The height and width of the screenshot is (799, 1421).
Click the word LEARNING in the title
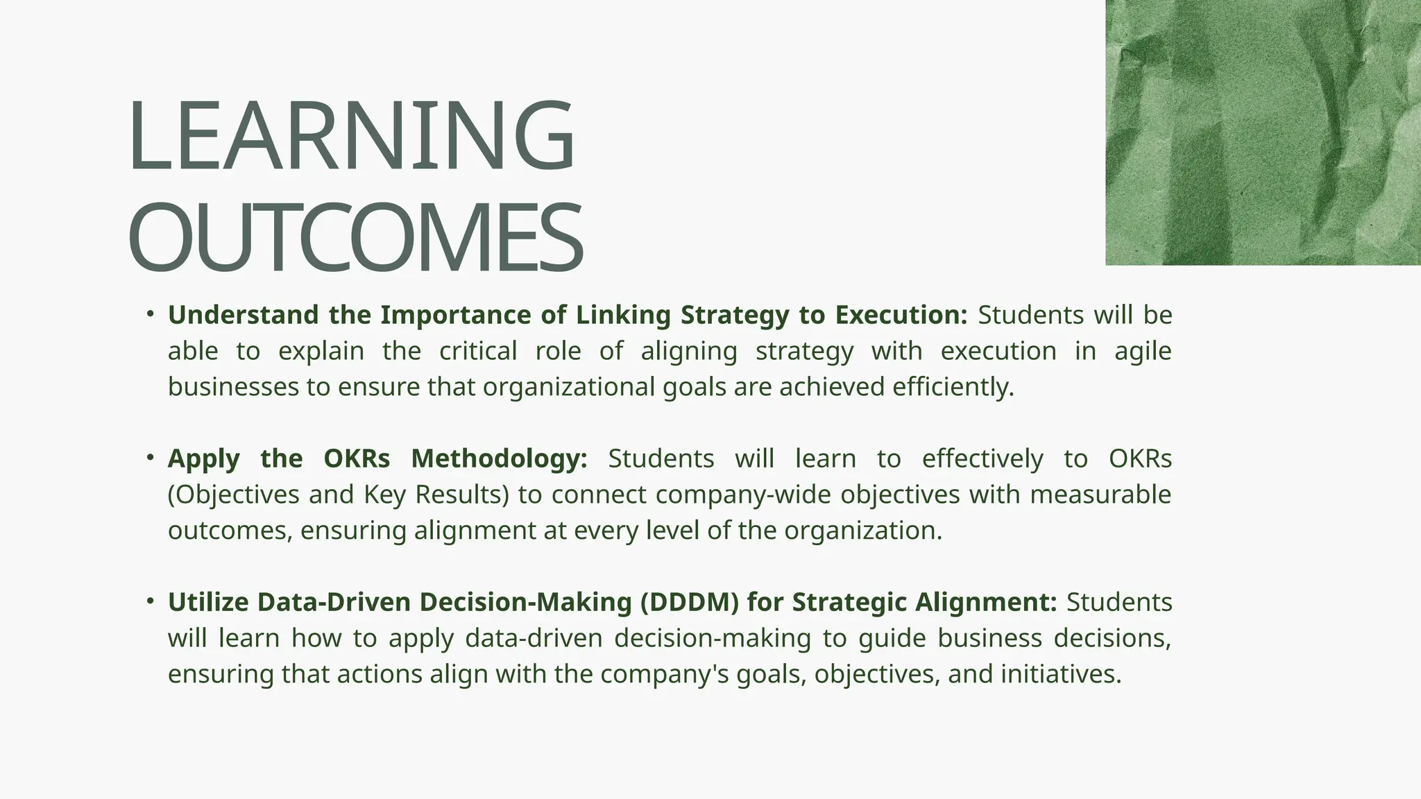click(x=351, y=137)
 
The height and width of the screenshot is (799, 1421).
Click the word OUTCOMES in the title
click(x=355, y=238)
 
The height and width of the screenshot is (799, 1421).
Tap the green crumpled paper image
click(x=1263, y=132)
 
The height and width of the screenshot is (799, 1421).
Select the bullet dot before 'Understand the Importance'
click(x=150, y=314)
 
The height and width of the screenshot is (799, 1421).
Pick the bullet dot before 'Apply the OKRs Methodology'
click(x=150, y=458)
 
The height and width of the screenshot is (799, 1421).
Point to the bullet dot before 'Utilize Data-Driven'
click(x=150, y=601)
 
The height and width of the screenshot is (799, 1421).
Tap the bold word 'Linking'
click(x=624, y=315)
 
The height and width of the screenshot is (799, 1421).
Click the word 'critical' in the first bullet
click(x=478, y=351)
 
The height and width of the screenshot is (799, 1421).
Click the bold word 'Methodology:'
click(x=499, y=458)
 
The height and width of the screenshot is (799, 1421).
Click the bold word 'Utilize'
click(x=208, y=602)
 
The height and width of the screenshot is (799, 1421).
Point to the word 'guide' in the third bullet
click(x=892, y=638)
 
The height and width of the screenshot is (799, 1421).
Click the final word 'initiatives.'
click(x=1061, y=674)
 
